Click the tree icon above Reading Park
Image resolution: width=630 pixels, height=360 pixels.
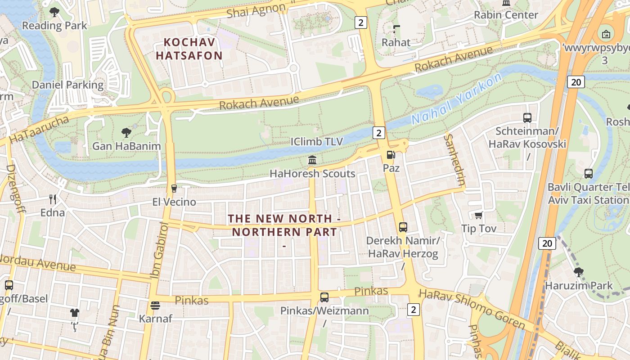pyautogui.click(x=54, y=12)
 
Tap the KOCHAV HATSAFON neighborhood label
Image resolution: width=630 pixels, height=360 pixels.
pyautogui.click(x=193, y=49)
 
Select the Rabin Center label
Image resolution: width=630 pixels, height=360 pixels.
pyautogui.click(x=506, y=15)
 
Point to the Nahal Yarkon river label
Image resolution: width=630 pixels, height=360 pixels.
pyautogui.click(x=456, y=99)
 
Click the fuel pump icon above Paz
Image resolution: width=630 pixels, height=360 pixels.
pyautogui.click(x=391, y=155)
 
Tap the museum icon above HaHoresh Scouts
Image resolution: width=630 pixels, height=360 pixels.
pyautogui.click(x=312, y=160)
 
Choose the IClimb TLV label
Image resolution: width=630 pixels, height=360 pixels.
pyautogui.click(x=317, y=142)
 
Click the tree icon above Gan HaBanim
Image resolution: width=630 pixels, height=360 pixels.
pyautogui.click(x=126, y=133)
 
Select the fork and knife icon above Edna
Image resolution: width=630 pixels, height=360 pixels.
pyautogui.click(x=53, y=199)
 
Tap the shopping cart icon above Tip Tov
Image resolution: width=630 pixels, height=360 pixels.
pyautogui.click(x=478, y=216)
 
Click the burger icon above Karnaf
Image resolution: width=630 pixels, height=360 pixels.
pyautogui.click(x=155, y=306)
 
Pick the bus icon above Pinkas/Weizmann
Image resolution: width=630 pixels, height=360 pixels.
pyautogui.click(x=324, y=297)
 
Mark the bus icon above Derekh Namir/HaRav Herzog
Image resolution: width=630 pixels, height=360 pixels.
pyautogui.click(x=403, y=227)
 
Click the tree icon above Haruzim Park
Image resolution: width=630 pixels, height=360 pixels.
pyautogui.click(x=579, y=272)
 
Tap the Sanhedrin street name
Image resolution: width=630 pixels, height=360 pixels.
pyautogui.click(x=454, y=160)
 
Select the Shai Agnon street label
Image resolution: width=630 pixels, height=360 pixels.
pyautogui.click(x=256, y=10)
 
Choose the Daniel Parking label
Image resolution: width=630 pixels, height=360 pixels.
pyautogui.click(x=67, y=85)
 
